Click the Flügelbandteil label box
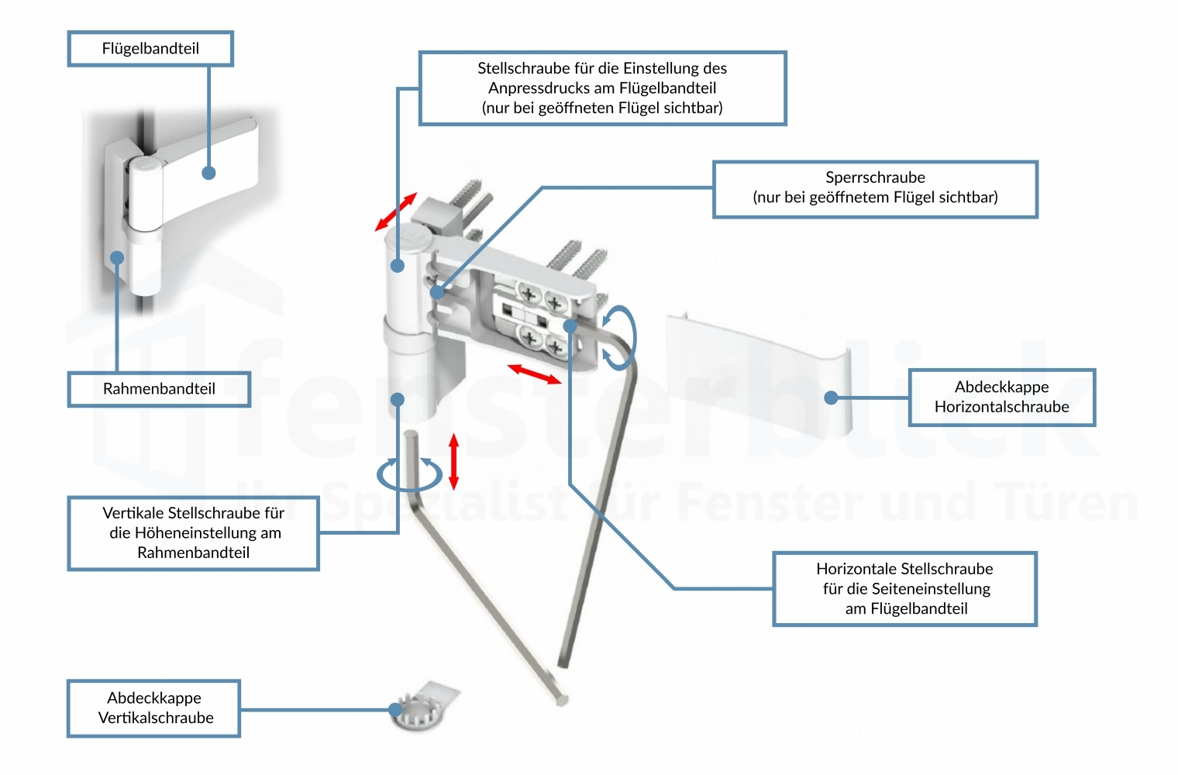150,49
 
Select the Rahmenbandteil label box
159,389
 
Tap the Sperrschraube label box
875,189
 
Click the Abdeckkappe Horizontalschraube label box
1001,398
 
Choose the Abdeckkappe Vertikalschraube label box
154,708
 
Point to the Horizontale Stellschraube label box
904,589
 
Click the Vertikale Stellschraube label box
193,533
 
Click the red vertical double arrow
454,461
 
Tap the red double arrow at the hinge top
396,212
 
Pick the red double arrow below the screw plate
534,374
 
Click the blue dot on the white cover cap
832,398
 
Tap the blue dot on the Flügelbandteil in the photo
208,173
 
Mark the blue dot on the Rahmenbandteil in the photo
117,258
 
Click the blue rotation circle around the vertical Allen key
409,474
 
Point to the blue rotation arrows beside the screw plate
620,337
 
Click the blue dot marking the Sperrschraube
438,292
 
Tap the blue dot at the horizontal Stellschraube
570,326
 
